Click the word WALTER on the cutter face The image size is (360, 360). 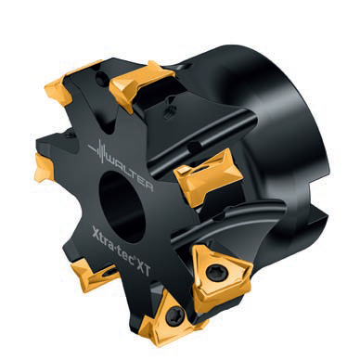(x=130, y=174)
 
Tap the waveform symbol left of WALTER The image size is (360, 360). (x=97, y=151)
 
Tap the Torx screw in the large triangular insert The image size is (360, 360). (x=213, y=273)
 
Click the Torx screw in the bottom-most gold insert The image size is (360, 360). (x=174, y=315)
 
